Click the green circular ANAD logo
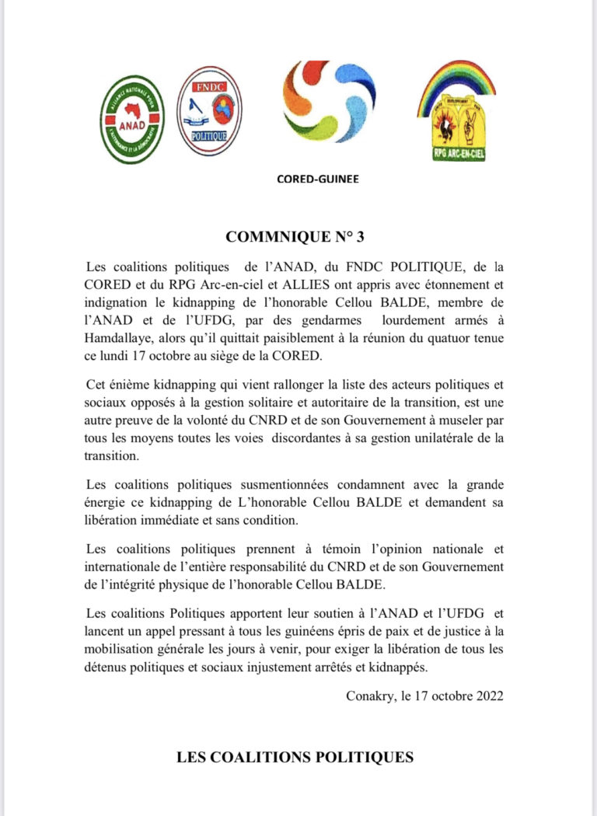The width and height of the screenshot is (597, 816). (133, 119)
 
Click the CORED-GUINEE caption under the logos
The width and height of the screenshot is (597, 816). (318, 178)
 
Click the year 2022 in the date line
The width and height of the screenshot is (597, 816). (487, 696)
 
